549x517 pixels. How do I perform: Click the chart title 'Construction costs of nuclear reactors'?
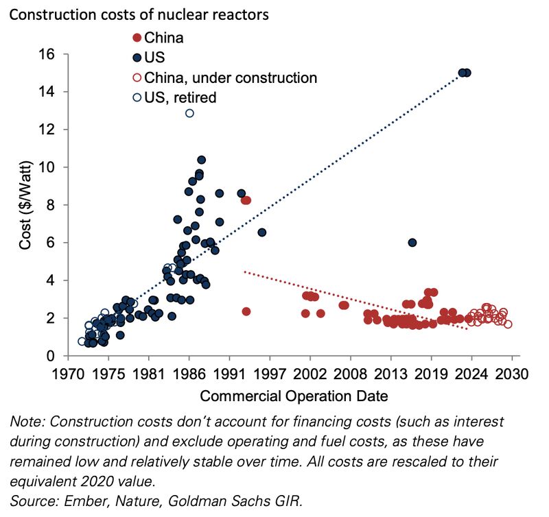pyautogui.click(x=140, y=12)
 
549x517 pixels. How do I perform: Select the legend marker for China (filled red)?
pyautogui.click(x=137, y=38)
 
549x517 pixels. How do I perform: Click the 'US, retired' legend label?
pyautogui.click(x=180, y=97)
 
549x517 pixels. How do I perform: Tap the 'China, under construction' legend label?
pyautogui.click(x=231, y=77)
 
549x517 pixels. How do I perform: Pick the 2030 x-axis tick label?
pyautogui.click(x=511, y=374)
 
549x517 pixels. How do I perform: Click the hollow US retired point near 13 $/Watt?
pyautogui.click(x=189, y=113)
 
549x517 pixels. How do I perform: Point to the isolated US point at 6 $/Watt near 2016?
pyautogui.click(x=412, y=243)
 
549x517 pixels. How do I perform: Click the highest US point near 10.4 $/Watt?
pyautogui.click(x=201, y=160)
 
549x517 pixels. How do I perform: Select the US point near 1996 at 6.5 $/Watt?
pyautogui.click(x=261, y=232)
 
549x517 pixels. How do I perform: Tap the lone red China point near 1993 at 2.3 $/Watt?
pyautogui.click(x=246, y=311)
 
